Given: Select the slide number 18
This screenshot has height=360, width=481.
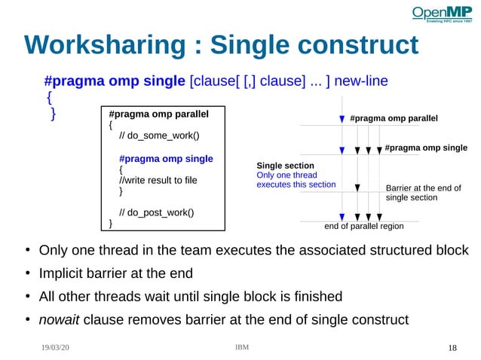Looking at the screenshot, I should [452, 348].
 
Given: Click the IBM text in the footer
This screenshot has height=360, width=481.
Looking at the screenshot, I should [242, 347].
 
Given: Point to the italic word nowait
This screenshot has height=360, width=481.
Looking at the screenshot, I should [59, 319].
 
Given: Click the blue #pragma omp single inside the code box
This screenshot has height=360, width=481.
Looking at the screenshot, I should [166, 159].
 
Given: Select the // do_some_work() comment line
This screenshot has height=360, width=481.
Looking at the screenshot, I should [159, 136].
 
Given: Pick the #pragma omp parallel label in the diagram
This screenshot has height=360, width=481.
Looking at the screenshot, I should [394, 119].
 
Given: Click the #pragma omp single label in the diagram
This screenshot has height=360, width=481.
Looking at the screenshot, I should [426, 148].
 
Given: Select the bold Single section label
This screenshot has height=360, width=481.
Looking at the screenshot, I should [285, 166].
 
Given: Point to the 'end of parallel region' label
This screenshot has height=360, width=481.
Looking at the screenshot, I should [363, 226].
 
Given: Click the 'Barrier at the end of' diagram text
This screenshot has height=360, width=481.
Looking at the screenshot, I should [423, 188].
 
